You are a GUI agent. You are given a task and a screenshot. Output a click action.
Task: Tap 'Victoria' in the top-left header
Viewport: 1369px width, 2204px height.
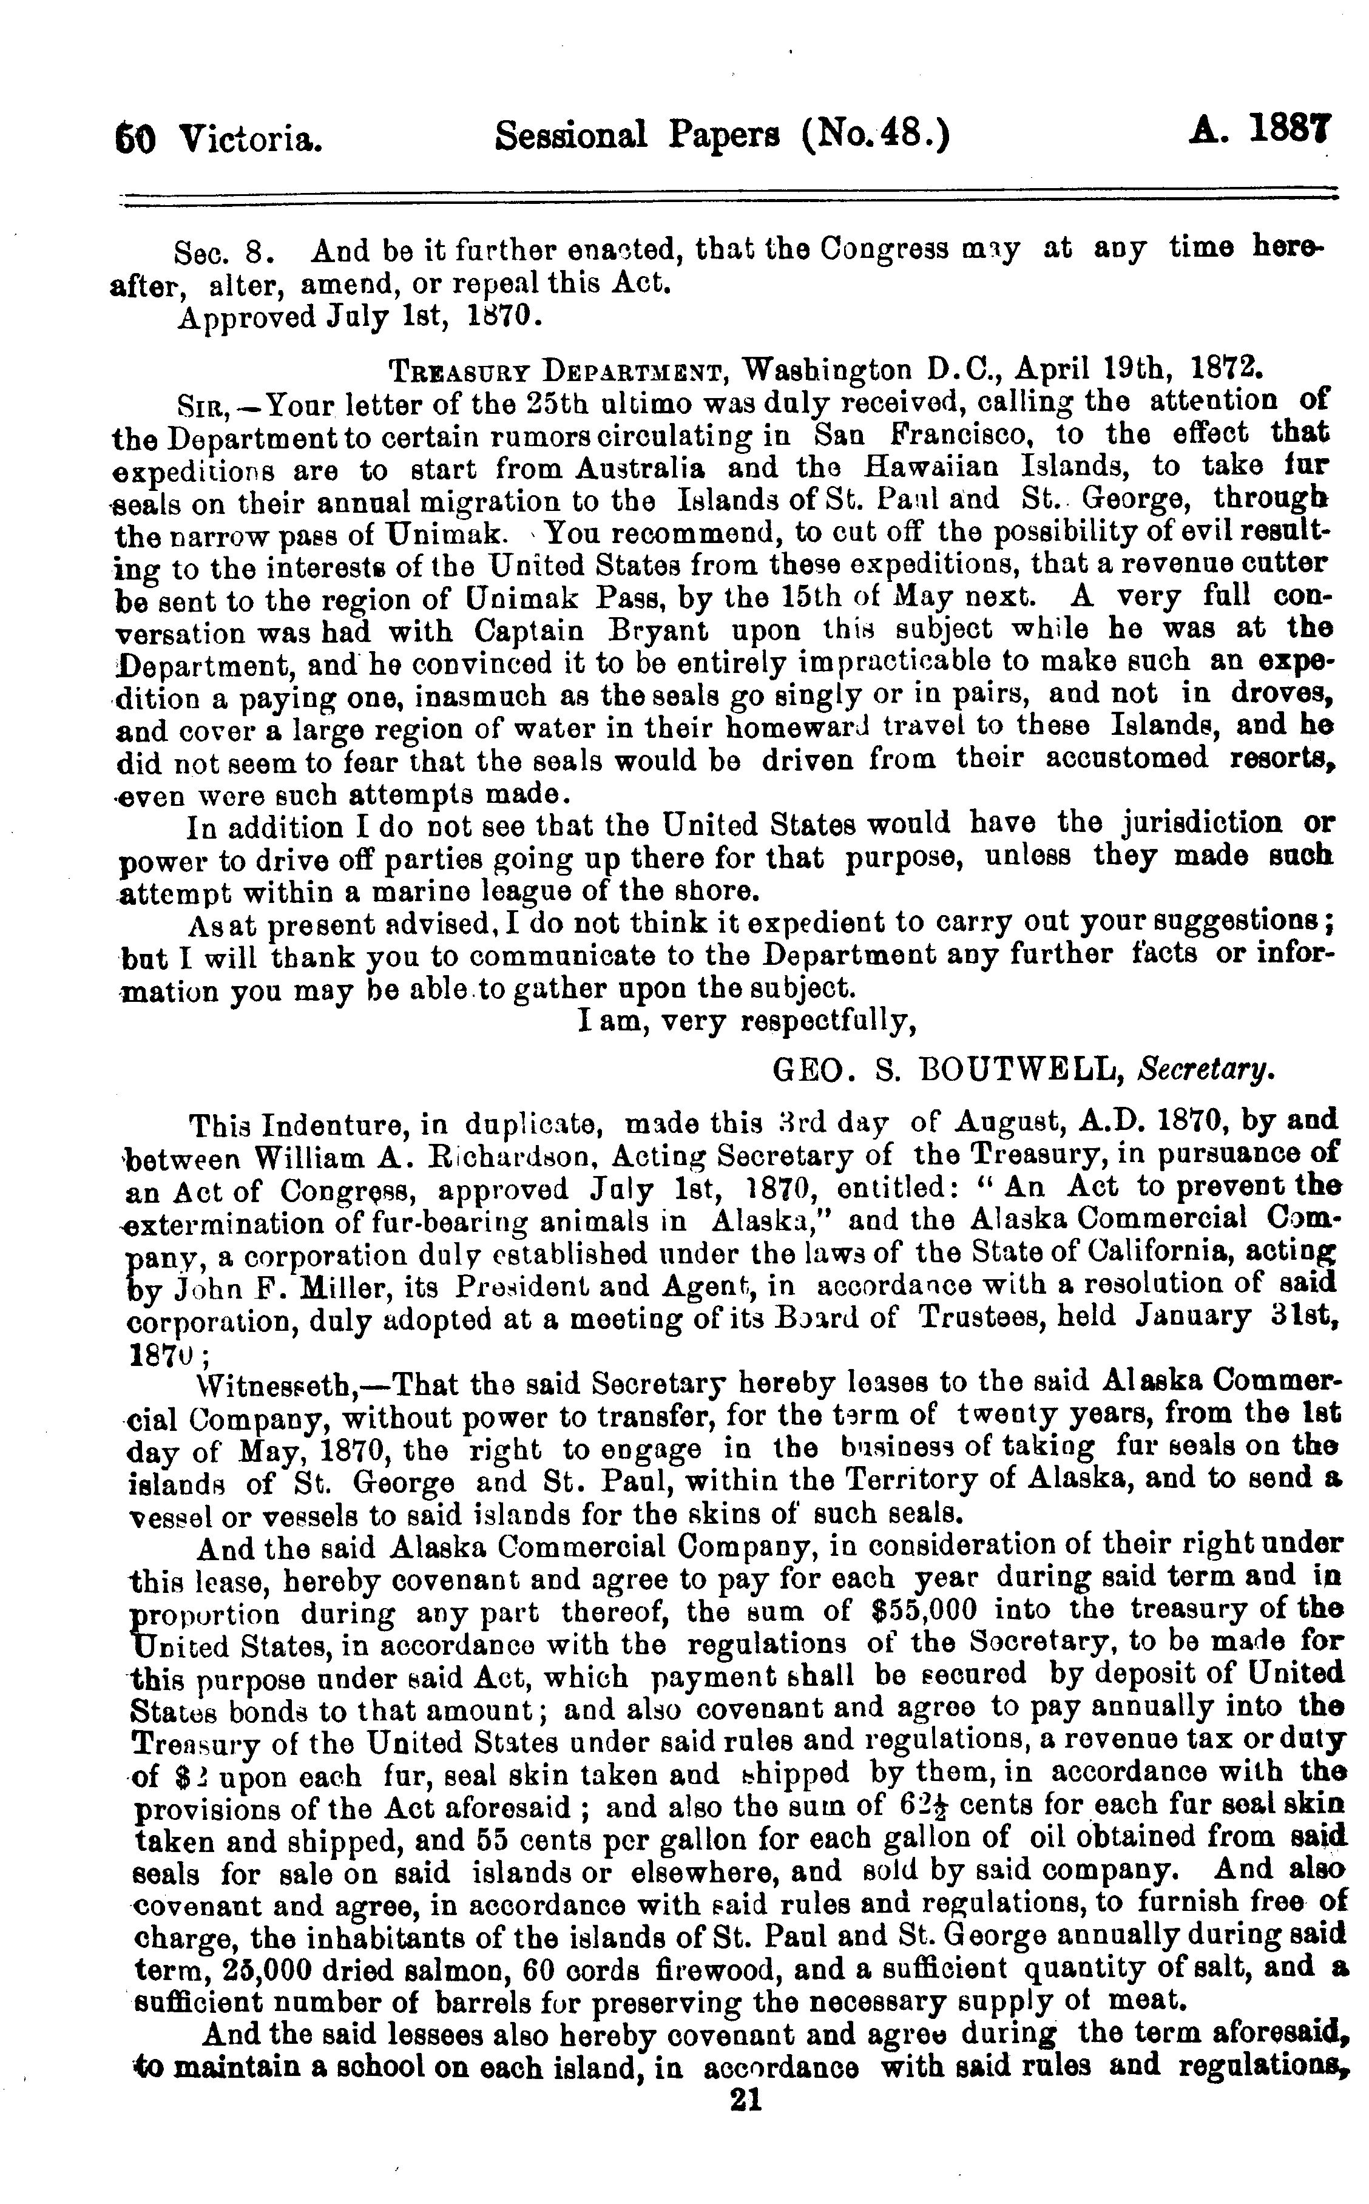click(251, 138)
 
